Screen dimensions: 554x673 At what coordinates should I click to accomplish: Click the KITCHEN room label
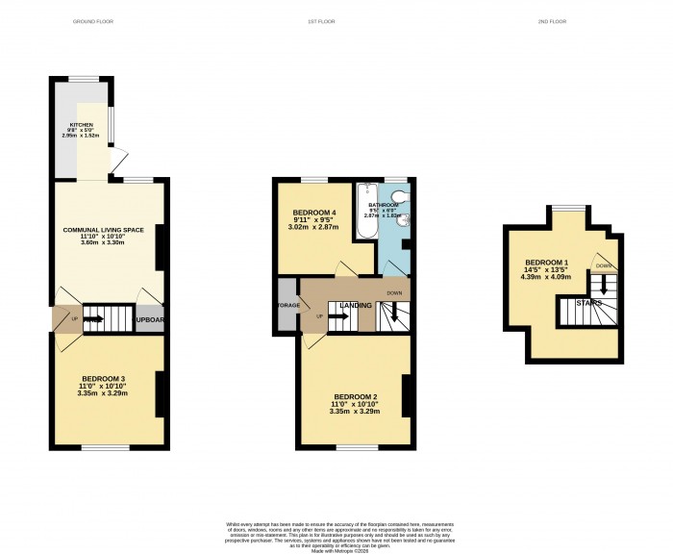(x=80, y=131)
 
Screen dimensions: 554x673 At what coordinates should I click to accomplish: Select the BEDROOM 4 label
(x=313, y=217)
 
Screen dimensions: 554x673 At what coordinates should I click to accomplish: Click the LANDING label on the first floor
(x=356, y=306)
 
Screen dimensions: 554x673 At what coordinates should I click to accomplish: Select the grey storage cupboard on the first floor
(x=287, y=305)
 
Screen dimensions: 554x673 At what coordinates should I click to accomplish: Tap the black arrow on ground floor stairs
(x=94, y=317)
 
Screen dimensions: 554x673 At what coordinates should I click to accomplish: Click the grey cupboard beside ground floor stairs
(x=150, y=318)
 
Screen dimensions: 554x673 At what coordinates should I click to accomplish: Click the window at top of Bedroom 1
(x=567, y=208)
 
